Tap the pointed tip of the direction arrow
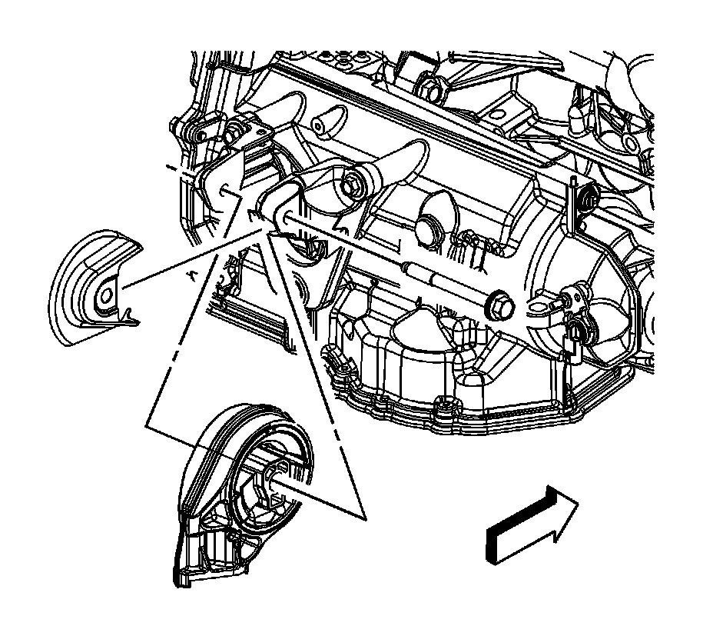coord(578,502)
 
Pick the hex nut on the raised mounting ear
coord(354,184)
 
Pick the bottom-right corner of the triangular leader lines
coord(362,516)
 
